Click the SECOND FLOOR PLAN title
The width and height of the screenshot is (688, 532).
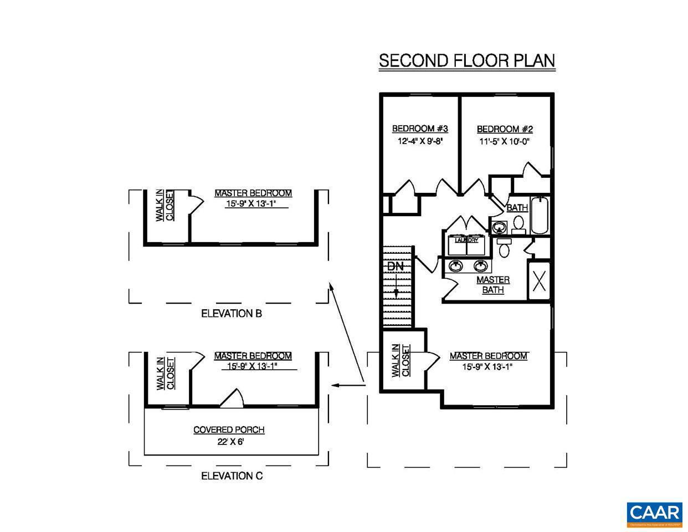[466, 60]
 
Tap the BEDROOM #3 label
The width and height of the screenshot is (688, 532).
[420, 129]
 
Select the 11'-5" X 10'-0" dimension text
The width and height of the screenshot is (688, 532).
[504, 141]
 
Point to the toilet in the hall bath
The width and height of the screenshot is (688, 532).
[518, 223]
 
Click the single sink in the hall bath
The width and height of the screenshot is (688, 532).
[499, 226]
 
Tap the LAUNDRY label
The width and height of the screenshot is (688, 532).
[466, 241]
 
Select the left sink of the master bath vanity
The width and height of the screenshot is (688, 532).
[456, 266]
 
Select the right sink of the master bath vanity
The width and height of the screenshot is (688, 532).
[479, 266]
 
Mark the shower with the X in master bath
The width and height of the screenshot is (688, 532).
[539, 281]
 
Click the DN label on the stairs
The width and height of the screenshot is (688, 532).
[395, 266]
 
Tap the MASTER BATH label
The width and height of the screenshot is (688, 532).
[492, 285]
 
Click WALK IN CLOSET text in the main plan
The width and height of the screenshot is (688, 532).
[401, 361]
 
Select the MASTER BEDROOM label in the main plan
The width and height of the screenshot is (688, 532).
[489, 356]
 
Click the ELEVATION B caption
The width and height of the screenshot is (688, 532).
[231, 314]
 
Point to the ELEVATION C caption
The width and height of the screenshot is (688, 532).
[232, 476]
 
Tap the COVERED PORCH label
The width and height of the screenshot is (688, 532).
[229, 430]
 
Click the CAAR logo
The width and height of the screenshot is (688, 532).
[654, 513]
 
